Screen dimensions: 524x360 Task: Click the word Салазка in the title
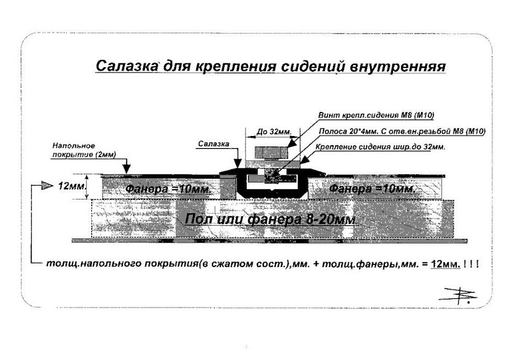(127, 66)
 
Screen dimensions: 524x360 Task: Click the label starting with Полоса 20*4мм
(401, 131)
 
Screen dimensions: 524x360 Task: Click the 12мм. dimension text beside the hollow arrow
(72, 186)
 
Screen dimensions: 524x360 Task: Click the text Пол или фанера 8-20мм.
(271, 219)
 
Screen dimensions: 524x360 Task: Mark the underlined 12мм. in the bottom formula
(445, 263)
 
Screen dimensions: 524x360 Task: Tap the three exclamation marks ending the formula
(471, 263)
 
